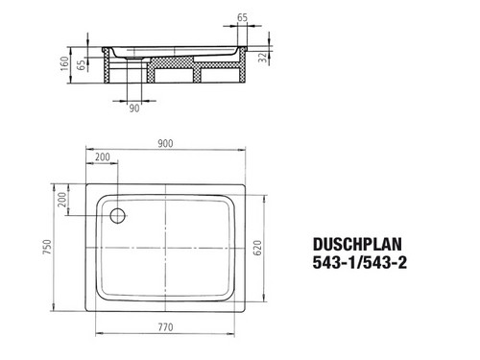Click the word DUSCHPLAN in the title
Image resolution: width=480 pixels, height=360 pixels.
tap(357, 245)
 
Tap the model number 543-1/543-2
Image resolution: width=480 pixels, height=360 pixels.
tap(360, 263)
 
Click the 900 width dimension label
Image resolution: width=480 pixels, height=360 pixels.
tap(165, 144)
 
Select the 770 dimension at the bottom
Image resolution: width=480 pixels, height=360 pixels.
tap(165, 327)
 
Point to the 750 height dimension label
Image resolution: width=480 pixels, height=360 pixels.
tap(47, 247)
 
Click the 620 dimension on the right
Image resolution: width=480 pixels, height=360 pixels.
tap(257, 248)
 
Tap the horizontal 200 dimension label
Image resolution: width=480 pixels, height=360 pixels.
tap(103, 157)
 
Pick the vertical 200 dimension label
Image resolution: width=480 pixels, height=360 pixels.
tap(62, 200)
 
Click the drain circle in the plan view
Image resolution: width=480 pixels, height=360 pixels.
tap(118, 215)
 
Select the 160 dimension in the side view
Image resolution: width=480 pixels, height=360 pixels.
tap(65, 63)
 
